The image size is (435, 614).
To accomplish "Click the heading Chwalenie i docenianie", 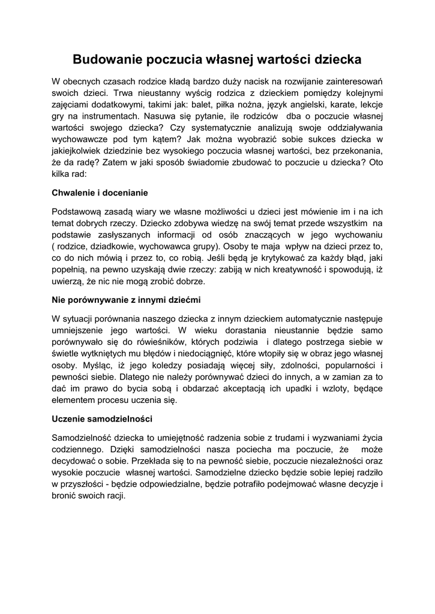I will click(x=100, y=193).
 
